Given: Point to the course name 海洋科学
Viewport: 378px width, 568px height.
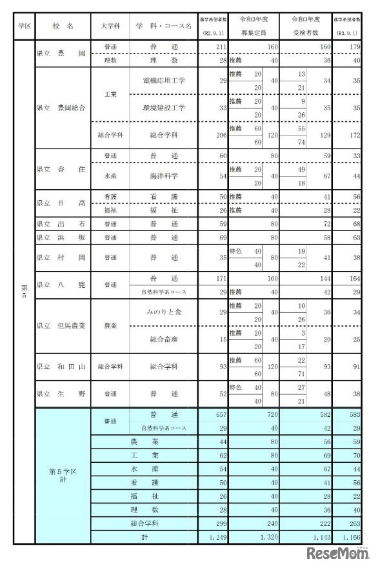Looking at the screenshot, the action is pos(164,176).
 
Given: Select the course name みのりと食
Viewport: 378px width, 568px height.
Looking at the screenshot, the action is pos(164,312).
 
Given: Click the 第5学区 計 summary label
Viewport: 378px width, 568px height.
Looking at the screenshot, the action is pos(63,475).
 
